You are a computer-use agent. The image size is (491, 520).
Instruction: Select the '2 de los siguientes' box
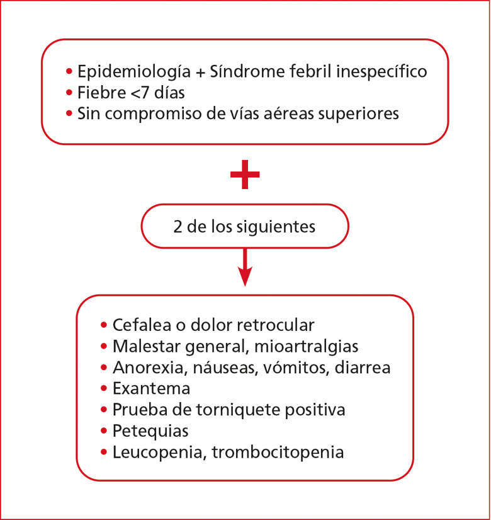coord(245,226)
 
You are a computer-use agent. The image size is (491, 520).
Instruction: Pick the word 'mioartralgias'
coord(306,346)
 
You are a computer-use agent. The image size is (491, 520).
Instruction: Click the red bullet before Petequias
coord(104,431)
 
